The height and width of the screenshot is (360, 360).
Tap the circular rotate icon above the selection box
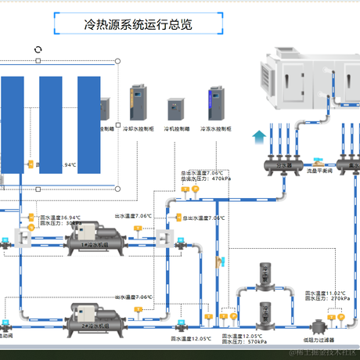click(x=38, y=49)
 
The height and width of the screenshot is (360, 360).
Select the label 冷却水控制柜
click(x=139, y=127)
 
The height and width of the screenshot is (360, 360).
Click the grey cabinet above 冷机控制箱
click(x=175, y=108)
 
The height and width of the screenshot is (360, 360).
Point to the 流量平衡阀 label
click(x=319, y=169)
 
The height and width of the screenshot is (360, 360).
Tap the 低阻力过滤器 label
click(x=319, y=340)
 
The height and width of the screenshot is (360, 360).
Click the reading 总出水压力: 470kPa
click(x=206, y=178)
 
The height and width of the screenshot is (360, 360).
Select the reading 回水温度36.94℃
click(x=60, y=217)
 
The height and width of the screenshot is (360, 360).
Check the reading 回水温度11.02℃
click(x=328, y=292)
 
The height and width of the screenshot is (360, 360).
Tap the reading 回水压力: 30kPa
click(x=62, y=223)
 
